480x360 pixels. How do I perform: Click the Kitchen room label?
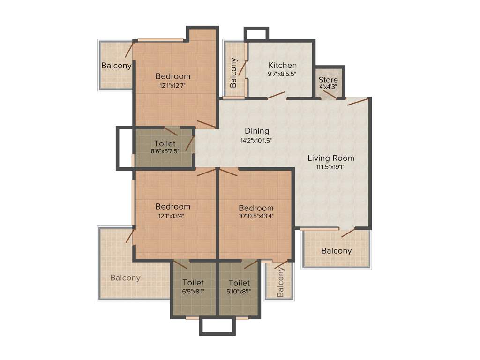(282, 65)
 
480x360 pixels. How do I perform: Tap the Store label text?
(328, 80)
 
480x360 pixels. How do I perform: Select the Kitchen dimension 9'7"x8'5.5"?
(282, 74)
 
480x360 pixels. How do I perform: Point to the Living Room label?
(331, 158)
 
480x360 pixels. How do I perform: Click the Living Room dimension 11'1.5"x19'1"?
(331, 166)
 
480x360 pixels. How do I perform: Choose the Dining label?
(256, 131)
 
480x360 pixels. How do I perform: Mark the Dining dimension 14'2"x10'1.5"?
(256, 140)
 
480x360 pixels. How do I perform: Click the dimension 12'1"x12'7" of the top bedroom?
(173, 85)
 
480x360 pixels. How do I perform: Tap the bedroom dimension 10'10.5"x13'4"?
(256, 216)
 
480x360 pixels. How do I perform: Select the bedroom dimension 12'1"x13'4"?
(173, 216)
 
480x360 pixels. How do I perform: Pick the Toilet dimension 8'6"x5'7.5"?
(165, 151)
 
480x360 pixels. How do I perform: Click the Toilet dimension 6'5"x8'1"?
(193, 291)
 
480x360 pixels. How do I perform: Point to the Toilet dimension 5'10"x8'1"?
(239, 291)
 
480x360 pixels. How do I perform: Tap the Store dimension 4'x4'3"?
(328, 88)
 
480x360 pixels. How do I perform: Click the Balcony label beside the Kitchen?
(233, 73)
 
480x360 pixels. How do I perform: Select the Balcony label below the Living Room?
(337, 251)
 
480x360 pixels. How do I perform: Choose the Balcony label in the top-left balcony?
(116, 66)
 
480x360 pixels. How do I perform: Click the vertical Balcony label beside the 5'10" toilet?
(280, 282)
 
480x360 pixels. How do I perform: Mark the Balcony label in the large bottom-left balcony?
(125, 277)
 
